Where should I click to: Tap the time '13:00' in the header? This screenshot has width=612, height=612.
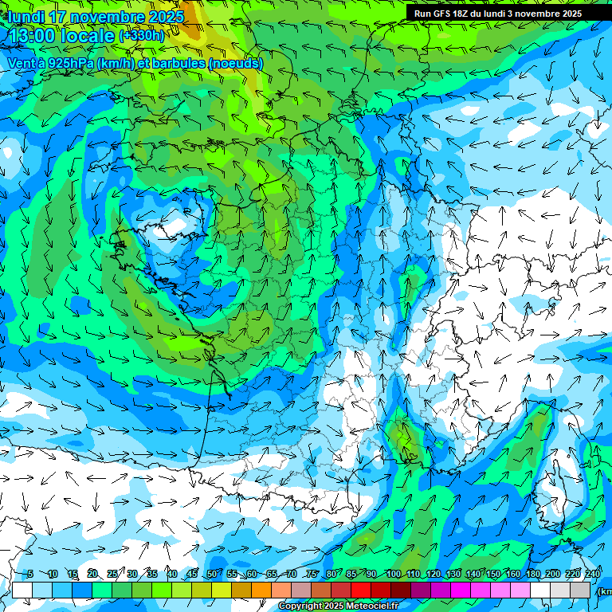(x=33, y=36)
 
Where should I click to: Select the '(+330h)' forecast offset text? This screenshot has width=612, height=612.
(x=141, y=36)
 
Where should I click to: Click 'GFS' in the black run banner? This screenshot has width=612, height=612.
(x=445, y=14)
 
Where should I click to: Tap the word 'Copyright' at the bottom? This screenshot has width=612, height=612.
(x=300, y=606)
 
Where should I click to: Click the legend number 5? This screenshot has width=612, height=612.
(x=30, y=574)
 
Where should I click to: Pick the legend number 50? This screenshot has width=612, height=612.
(x=211, y=574)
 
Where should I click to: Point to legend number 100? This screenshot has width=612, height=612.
(x=393, y=574)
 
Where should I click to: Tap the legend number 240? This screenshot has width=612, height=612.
(x=592, y=574)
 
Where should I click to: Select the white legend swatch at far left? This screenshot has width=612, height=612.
(x=22, y=590)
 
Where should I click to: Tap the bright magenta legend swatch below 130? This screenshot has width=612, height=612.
(x=461, y=590)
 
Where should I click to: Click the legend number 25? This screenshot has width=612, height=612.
(x=112, y=574)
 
